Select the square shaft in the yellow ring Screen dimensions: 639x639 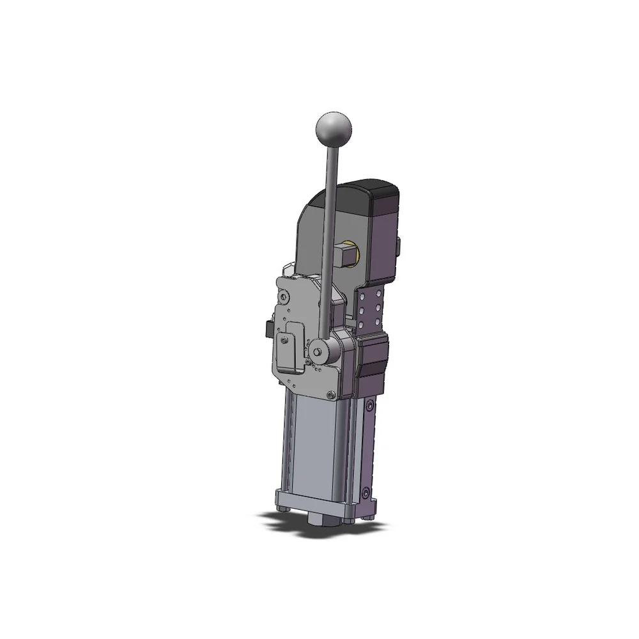[x=345, y=256]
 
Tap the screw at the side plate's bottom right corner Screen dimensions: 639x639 [x=330, y=394]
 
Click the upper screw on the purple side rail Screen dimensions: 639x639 [x=371, y=404]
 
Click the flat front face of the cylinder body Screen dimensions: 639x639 [x=313, y=447]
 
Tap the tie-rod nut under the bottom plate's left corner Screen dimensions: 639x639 [x=282, y=511]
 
